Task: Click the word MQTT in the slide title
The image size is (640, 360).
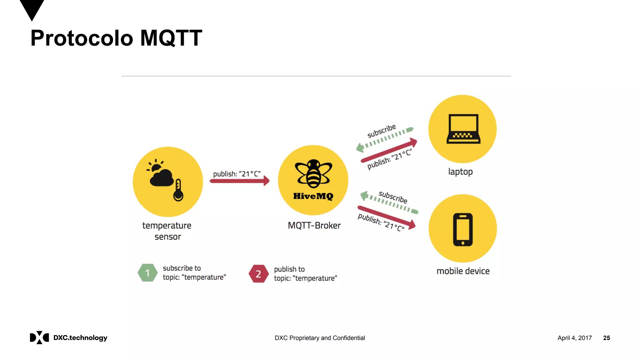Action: coord(171,38)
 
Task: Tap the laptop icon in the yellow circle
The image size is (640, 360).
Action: coord(463,129)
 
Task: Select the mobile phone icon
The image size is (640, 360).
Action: coord(463,229)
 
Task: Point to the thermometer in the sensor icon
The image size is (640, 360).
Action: coord(178,190)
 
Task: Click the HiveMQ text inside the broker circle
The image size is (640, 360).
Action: coord(313,196)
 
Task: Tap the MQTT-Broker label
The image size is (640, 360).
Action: coord(314,225)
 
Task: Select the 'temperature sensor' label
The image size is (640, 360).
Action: coord(167,231)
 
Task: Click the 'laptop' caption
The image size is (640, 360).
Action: coord(460,172)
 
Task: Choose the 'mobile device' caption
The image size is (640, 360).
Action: coord(463,271)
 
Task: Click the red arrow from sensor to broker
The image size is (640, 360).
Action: coord(239,181)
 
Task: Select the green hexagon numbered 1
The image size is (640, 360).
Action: coord(147,273)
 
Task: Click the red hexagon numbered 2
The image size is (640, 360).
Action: coord(258,274)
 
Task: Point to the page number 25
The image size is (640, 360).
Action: coord(606,338)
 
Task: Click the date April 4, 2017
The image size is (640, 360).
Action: coord(574,338)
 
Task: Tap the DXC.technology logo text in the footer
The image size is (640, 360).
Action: coord(80,337)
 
